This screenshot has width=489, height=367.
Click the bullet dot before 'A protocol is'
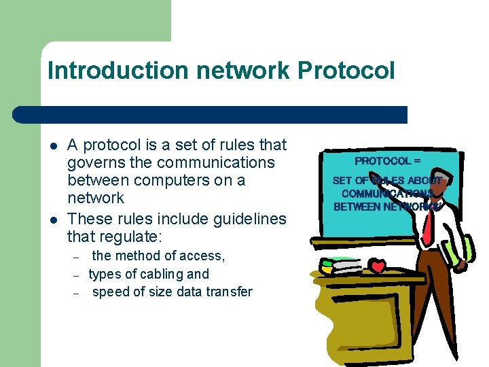(x=52, y=145)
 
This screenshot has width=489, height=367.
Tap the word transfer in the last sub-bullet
(x=227, y=292)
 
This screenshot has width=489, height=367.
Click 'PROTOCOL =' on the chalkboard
(x=387, y=162)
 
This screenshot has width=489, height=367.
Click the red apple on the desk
(x=377, y=265)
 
